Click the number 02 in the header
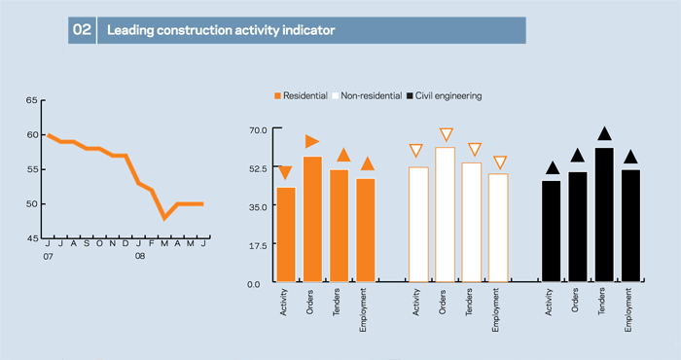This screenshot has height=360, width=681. point(82,30)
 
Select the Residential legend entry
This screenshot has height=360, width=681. point(301,96)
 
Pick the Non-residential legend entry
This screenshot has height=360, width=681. point(367,96)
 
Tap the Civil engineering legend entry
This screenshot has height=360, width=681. point(444,96)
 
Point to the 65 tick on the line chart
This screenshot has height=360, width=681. point(32,100)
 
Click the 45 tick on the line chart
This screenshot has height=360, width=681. point(32,238)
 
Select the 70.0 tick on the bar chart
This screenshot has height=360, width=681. point(258,129)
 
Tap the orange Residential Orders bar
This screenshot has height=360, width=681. point(312,219)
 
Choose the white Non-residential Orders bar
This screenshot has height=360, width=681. point(446,215)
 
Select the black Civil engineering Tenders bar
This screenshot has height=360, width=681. point(604,215)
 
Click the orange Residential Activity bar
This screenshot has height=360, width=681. point(286,234)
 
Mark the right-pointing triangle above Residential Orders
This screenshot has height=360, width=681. point(312,142)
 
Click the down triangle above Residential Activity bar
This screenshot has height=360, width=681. point(285,173)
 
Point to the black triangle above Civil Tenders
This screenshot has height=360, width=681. point(604,133)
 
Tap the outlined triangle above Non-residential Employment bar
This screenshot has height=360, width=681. point(500,162)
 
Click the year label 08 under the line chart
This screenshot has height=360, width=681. point(140,256)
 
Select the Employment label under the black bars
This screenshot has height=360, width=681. point(628,309)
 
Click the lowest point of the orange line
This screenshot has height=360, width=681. point(164,218)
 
